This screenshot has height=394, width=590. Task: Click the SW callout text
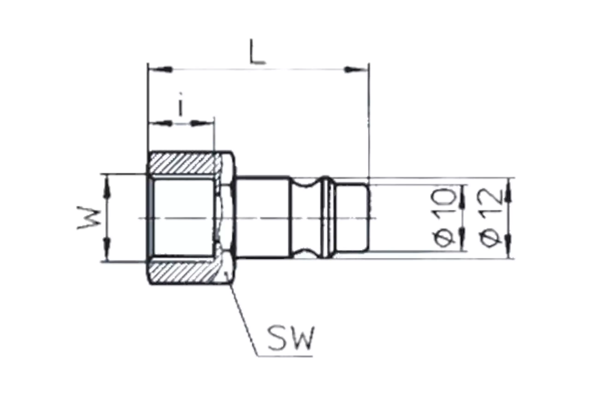[x=291, y=338]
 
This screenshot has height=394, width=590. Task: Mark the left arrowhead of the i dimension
[x=161, y=123]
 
